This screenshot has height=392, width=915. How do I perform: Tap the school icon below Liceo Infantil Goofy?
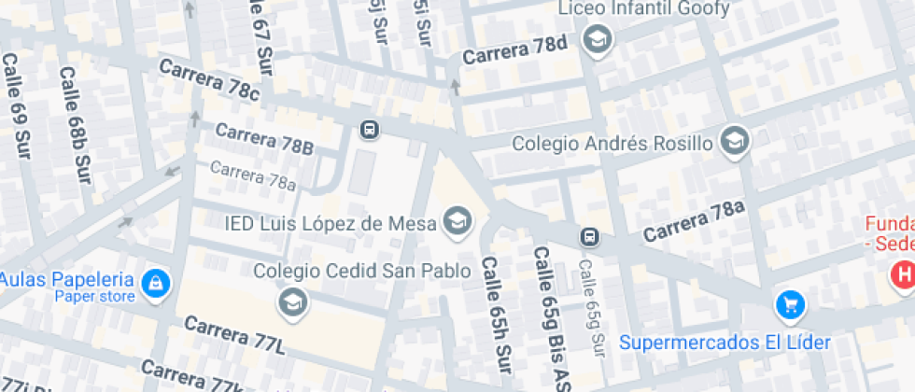(x=596, y=40)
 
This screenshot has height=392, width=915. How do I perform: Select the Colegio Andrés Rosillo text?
(x=613, y=144)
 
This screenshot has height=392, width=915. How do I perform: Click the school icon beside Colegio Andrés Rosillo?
(x=737, y=142)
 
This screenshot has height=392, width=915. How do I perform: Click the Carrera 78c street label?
(x=208, y=79)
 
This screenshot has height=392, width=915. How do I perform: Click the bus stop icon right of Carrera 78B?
(x=370, y=130)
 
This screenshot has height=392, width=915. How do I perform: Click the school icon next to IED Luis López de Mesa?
(x=457, y=221)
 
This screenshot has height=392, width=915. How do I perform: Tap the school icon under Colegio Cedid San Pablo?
(x=292, y=301)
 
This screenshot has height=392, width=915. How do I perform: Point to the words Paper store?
(x=94, y=297)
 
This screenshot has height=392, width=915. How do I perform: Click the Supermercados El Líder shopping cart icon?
(x=790, y=303)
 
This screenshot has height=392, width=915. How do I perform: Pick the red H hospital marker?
(x=903, y=274)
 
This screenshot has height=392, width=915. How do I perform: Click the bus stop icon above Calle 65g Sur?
(x=589, y=237)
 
